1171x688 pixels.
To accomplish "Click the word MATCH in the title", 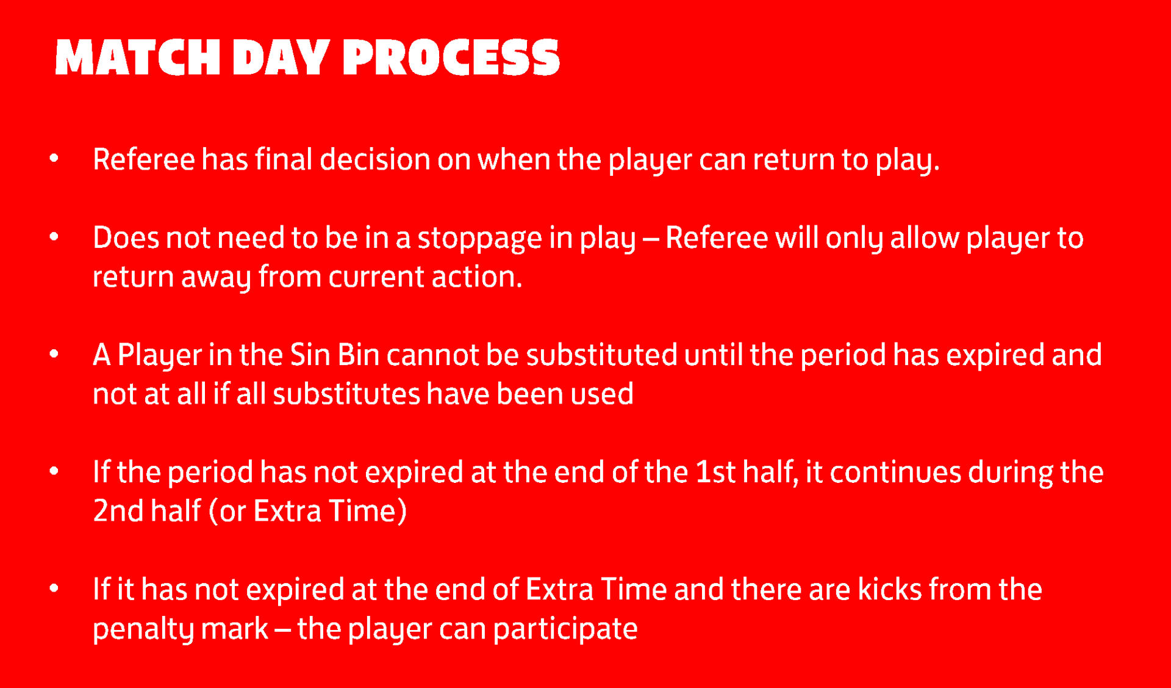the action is tap(137, 57).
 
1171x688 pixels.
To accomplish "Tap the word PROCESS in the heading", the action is tap(451, 57).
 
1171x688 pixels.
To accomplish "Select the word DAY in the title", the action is tap(282, 57).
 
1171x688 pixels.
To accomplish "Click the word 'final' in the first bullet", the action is tap(284, 159).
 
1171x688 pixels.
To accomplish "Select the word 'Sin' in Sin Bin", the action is tap(310, 355).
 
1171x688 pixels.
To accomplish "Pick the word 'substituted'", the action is tap(601, 355).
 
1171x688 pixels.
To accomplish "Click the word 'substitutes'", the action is tap(346, 394).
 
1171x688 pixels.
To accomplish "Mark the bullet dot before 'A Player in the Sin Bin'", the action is tap(54, 353).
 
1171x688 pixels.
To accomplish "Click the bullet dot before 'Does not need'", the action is tap(54, 236).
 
